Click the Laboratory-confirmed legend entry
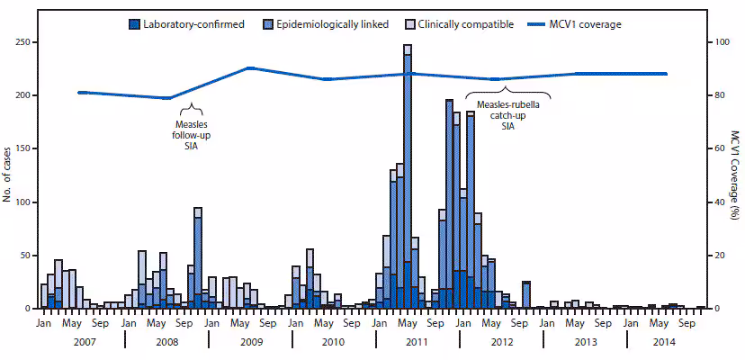pos(193,23)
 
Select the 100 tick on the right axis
pos(716,42)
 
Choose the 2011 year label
pos(417,342)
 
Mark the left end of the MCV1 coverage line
pos(79,92)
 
